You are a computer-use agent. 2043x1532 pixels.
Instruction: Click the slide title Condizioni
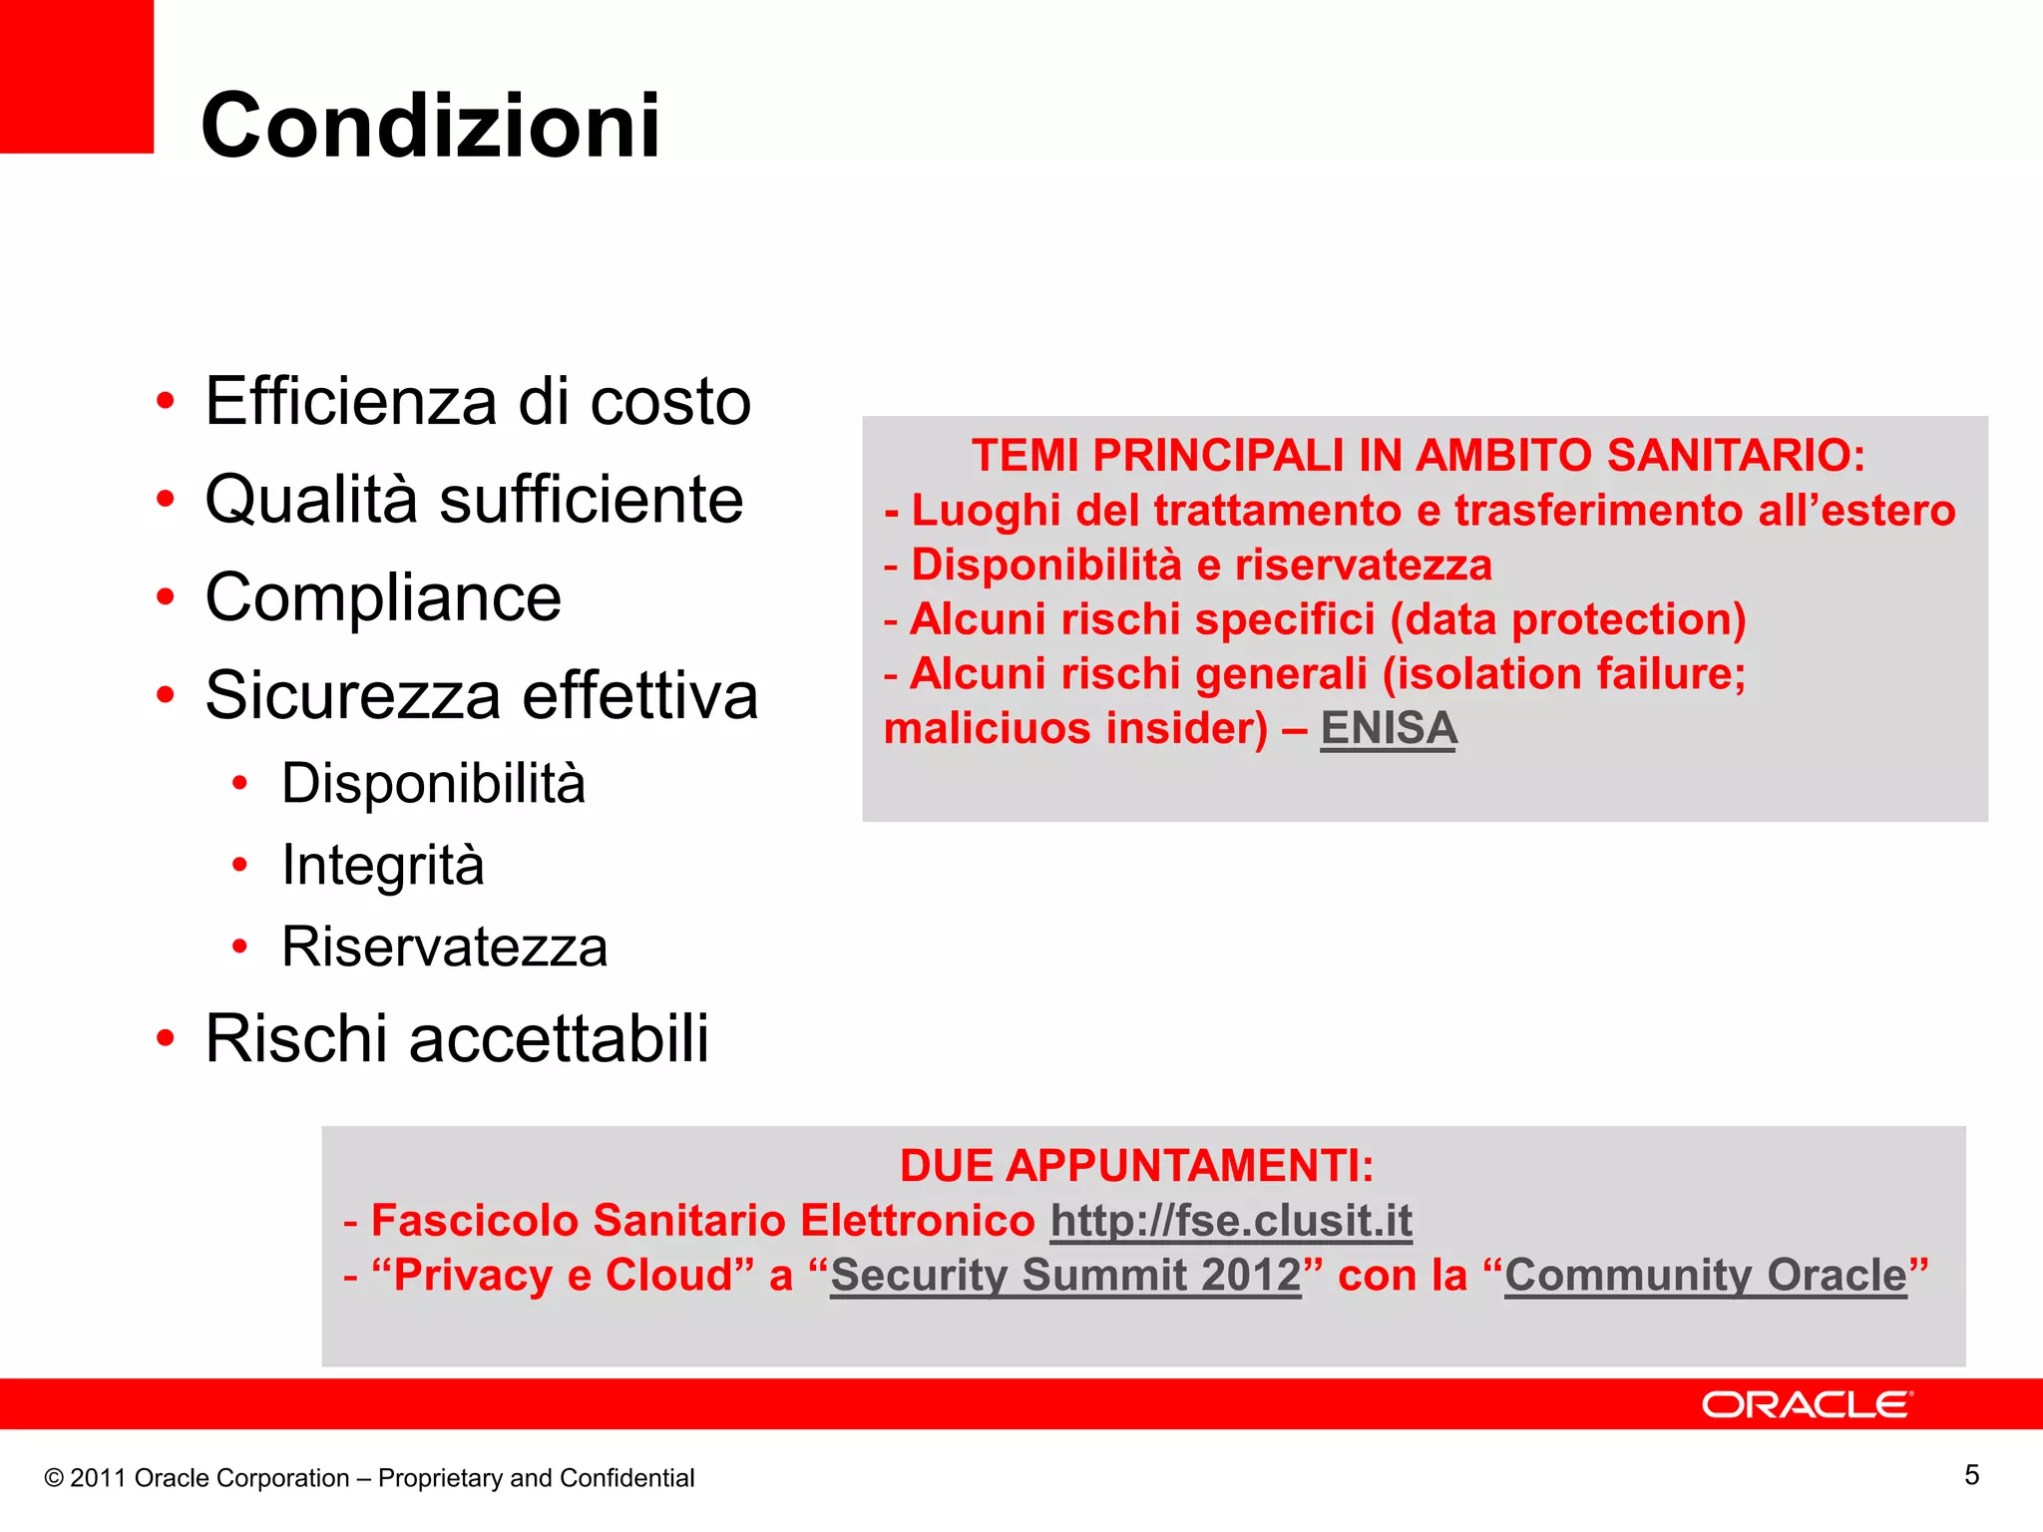[430, 126]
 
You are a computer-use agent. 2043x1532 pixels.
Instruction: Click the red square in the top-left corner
[76, 76]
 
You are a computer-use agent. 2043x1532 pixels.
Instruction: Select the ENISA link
[1388, 728]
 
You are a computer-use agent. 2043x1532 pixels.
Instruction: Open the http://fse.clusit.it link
[1231, 1220]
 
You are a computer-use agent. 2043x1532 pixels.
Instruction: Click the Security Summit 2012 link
[1065, 1275]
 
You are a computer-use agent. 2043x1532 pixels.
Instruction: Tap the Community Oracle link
[1706, 1275]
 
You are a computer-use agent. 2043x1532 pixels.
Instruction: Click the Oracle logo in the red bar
[1807, 1404]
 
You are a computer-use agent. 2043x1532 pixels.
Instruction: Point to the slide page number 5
[1971, 1475]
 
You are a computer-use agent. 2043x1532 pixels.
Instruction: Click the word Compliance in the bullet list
[383, 597]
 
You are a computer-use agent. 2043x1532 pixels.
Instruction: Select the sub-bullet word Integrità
[383, 865]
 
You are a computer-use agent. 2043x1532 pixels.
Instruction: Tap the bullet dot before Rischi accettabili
[166, 1038]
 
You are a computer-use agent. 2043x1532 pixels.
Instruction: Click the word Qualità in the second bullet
[311, 499]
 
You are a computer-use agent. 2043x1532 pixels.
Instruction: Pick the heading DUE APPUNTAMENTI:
[1136, 1165]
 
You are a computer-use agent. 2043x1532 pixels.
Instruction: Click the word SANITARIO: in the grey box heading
[1736, 456]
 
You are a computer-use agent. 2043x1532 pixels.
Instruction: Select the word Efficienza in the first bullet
[351, 401]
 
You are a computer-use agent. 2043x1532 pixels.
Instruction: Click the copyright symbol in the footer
[54, 1478]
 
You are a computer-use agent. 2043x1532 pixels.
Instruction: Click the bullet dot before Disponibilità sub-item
[239, 784]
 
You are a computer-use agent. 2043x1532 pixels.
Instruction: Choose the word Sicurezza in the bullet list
[352, 695]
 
